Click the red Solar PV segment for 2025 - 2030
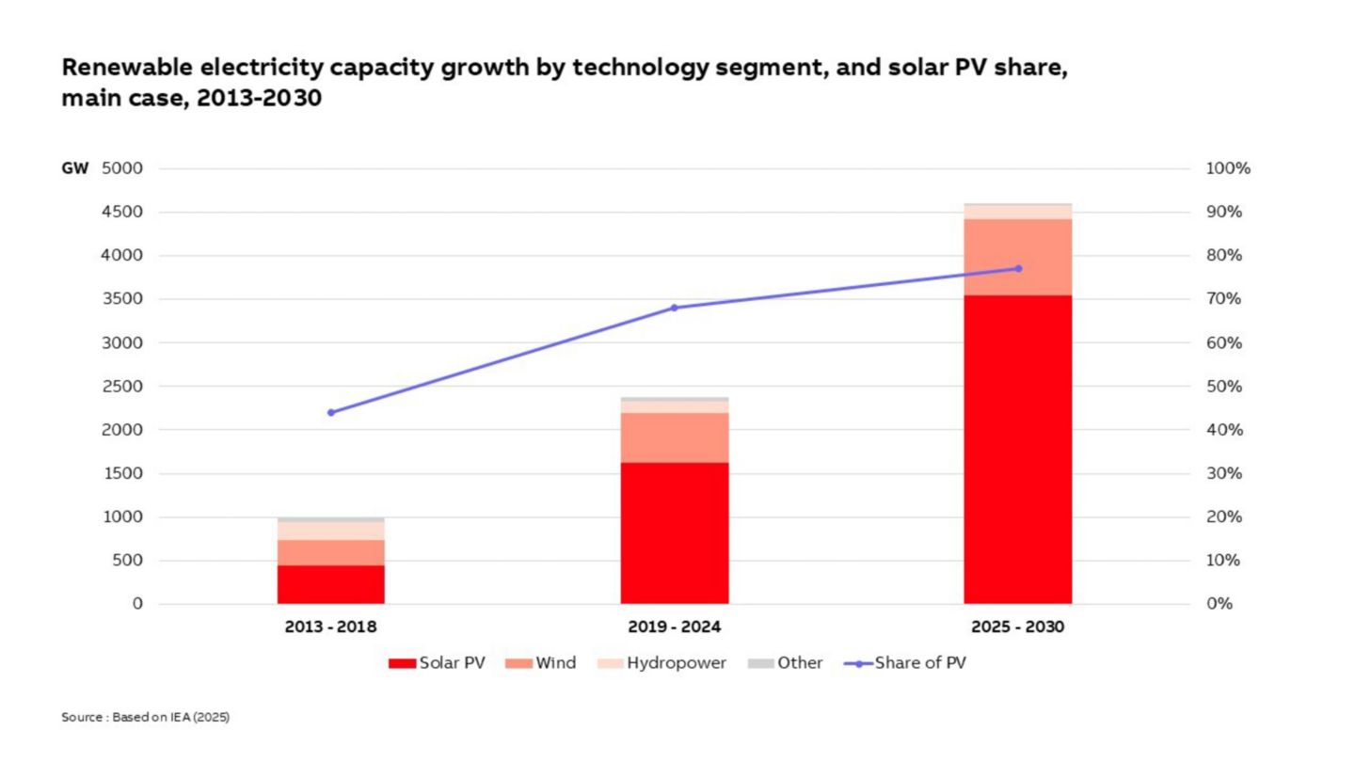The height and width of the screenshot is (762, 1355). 1017,449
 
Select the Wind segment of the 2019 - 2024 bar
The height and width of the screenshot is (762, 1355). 674,437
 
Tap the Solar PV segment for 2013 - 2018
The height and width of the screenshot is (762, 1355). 330,584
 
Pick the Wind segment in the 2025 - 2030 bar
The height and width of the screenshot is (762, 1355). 1017,257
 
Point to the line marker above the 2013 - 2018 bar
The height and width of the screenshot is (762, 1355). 330,412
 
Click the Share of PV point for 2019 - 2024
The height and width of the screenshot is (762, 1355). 674,308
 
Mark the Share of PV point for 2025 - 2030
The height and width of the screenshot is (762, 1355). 1017,268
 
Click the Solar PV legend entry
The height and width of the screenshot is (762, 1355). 438,663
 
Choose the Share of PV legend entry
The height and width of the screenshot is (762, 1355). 905,663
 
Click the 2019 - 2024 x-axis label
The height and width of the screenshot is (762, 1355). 674,627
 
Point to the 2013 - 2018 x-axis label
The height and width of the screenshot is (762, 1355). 330,627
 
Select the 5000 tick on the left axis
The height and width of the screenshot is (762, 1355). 123,169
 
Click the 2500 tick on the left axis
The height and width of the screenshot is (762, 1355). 123,387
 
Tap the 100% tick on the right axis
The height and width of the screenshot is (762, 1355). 1227,169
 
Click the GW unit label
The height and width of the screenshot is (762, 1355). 75,169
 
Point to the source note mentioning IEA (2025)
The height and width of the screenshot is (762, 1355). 146,718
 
